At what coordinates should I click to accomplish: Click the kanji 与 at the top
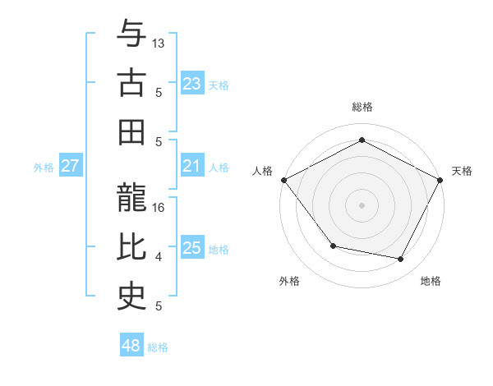pyautogui.click(x=131, y=34)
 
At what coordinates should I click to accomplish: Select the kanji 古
pyautogui.click(x=131, y=83)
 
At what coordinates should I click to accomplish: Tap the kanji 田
pyautogui.click(x=131, y=131)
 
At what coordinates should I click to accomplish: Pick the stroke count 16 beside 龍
pyautogui.click(x=159, y=208)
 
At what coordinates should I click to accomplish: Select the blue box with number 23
pyautogui.click(x=191, y=83)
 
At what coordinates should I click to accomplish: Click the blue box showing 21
pyautogui.click(x=191, y=166)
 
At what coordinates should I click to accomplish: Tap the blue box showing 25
pyautogui.click(x=191, y=248)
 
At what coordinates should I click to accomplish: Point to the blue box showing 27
pyautogui.click(x=70, y=166)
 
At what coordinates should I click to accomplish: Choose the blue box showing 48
pyautogui.click(x=131, y=346)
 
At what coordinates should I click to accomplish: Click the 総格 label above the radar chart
pyautogui.click(x=362, y=107)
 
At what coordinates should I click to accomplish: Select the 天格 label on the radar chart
pyautogui.click(x=462, y=171)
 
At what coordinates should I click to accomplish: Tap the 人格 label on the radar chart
pyautogui.click(x=263, y=171)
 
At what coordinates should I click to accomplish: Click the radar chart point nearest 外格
pyautogui.click(x=333, y=246)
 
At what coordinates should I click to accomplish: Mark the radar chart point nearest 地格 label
pyautogui.click(x=401, y=260)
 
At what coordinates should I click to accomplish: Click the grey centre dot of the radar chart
pyautogui.click(x=362, y=204)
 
